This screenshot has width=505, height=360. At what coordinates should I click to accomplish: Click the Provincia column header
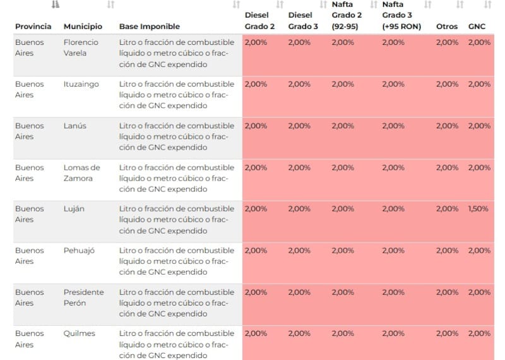coord(33,27)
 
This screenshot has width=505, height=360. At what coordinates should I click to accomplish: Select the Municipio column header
coord(83,27)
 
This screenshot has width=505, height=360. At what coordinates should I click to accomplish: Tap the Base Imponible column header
coord(149,27)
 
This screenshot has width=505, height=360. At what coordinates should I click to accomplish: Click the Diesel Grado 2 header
coord(259,21)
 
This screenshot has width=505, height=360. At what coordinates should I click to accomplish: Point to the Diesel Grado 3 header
coord(303,21)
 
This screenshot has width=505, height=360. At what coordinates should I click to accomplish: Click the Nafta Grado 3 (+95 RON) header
coord(401,16)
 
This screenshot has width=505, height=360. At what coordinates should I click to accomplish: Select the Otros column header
coord(447,27)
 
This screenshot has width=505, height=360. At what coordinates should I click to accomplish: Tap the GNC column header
coord(477,27)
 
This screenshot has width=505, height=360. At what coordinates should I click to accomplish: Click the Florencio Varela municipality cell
coord(81,47)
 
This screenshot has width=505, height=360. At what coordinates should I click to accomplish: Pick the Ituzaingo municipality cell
coord(81,84)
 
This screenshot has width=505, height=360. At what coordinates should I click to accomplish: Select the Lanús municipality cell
coord(75,126)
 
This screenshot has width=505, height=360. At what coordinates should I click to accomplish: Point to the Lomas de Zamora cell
coord(81,172)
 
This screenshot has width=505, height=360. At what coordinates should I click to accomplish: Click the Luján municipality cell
coord(74,209)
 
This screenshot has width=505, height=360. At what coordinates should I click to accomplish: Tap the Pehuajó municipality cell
coord(79,251)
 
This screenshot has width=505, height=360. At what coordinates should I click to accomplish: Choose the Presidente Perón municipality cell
coord(83,297)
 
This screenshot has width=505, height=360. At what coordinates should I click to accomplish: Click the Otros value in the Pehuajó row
coord(447,251)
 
